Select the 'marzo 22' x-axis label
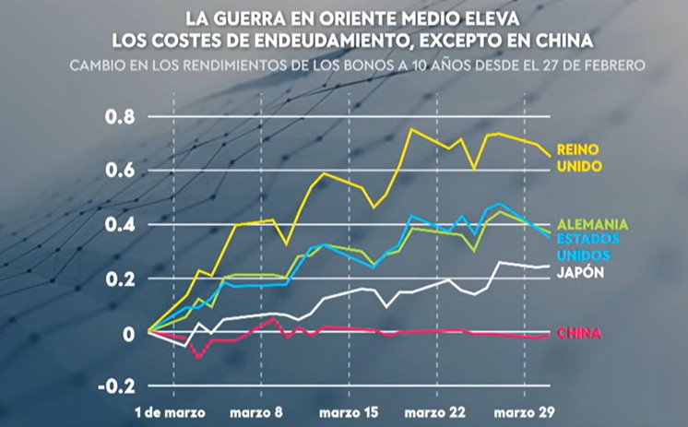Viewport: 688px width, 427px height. point(436,409)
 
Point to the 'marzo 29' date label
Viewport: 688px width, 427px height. point(525,409)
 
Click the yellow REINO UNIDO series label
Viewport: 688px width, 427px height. point(580,158)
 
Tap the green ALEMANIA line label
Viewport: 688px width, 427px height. point(594,224)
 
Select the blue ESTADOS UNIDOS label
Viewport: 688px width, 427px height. point(588,246)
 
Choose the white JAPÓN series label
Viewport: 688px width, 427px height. point(581,273)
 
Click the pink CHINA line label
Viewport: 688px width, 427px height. point(579,333)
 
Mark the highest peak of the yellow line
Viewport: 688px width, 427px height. point(410,129)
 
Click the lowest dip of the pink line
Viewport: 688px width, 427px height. point(197,356)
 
